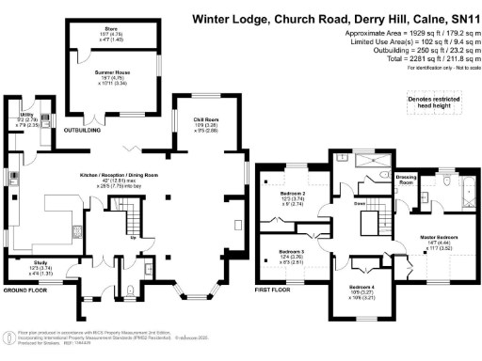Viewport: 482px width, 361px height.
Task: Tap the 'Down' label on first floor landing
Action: click(x=360, y=202)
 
